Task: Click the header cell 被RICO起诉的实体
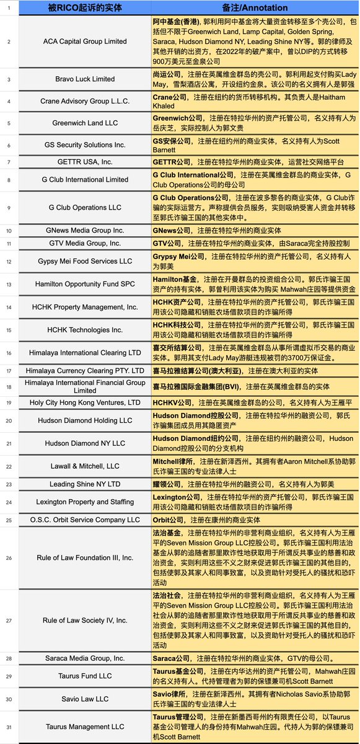[x=86, y=8]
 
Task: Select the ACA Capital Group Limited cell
[x=86, y=42]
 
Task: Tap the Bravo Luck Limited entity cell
[x=86, y=79]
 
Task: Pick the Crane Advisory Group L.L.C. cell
[x=86, y=101]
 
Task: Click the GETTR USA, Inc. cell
[x=86, y=162]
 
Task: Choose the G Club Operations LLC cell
[x=86, y=207]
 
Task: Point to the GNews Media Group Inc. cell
[x=86, y=230]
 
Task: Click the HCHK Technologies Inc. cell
[x=86, y=329]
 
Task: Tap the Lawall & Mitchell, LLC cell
[x=86, y=466]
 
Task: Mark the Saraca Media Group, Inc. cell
[x=86, y=658]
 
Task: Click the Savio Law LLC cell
[x=86, y=699]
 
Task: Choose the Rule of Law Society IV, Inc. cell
[x=86, y=619]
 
